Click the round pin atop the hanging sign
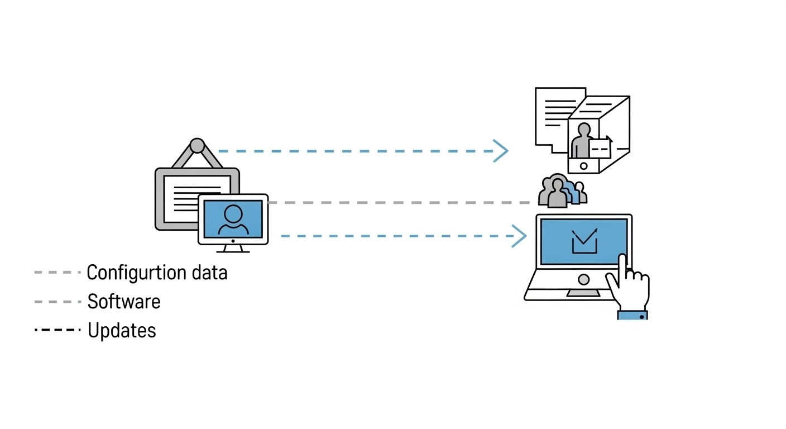(x=197, y=145)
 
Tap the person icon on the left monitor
(x=233, y=219)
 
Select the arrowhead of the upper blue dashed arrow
(x=501, y=151)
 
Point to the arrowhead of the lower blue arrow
(x=520, y=236)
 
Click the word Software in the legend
(x=124, y=302)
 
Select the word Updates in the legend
(x=122, y=331)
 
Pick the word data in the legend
(x=209, y=273)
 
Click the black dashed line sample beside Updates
(x=57, y=330)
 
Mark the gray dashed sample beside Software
(x=57, y=302)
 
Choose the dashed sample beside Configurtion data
(x=57, y=273)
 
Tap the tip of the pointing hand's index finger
(x=621, y=258)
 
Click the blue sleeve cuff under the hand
(x=632, y=316)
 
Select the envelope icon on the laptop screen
(x=584, y=241)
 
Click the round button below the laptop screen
(x=583, y=279)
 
